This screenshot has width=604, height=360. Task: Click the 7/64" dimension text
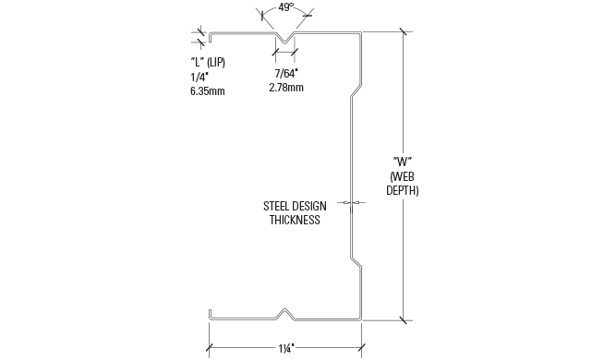[x=286, y=73]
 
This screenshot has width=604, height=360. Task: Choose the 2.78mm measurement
[x=285, y=87]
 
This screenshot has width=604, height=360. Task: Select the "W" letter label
[x=403, y=162]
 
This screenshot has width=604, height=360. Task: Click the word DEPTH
[x=403, y=191]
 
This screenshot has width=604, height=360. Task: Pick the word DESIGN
[x=309, y=207]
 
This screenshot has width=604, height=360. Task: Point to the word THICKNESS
[x=295, y=221]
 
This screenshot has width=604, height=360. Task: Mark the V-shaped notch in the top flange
[x=286, y=41]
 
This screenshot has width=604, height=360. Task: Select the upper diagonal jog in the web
[x=356, y=92]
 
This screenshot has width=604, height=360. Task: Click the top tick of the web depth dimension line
[x=405, y=33]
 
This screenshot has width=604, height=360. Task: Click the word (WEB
[x=403, y=176]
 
